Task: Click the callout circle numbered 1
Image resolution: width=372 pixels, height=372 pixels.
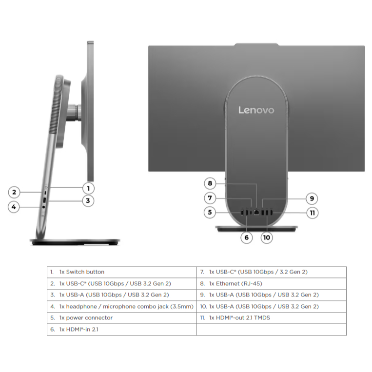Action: pyautogui.click(x=89, y=188)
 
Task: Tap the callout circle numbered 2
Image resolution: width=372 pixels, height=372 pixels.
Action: pyautogui.click(x=14, y=192)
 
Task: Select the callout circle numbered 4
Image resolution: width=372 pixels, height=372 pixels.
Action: pyautogui.click(x=14, y=207)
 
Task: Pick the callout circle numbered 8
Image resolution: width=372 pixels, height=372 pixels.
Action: pyautogui.click(x=210, y=183)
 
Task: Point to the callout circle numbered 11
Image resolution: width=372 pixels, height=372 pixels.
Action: pyautogui.click(x=312, y=213)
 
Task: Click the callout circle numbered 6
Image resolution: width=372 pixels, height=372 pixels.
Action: pyautogui.click(x=247, y=237)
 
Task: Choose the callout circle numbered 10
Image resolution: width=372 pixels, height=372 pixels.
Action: pyautogui.click(x=267, y=237)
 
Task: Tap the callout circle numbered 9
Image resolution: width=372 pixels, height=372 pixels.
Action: pyautogui.click(x=312, y=198)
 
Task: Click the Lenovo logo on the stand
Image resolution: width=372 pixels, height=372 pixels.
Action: pyautogui.click(x=256, y=110)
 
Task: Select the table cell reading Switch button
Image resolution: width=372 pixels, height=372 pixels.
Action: pyautogui.click(x=82, y=272)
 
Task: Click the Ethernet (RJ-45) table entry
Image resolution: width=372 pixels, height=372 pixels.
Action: pyautogui.click(x=235, y=283)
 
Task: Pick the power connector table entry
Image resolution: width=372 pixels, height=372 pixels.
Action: pyautogui.click(x=86, y=318)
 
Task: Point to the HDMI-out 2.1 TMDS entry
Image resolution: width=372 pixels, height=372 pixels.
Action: pyautogui.click(x=239, y=318)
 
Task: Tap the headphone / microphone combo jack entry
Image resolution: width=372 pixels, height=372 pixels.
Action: pyautogui.click(x=126, y=307)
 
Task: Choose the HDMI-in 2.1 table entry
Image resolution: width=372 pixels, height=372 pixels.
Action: pyautogui.click(x=79, y=329)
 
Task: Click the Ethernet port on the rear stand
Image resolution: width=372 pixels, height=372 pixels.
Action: pyautogui.click(x=256, y=212)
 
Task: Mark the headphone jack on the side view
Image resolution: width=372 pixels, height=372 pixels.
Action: pyautogui.click(x=43, y=207)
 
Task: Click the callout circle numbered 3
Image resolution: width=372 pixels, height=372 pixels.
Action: pyautogui.click(x=88, y=201)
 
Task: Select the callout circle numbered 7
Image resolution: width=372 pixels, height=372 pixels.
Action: pyautogui.click(x=210, y=198)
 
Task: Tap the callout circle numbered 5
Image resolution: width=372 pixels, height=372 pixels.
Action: pyautogui.click(x=210, y=212)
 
